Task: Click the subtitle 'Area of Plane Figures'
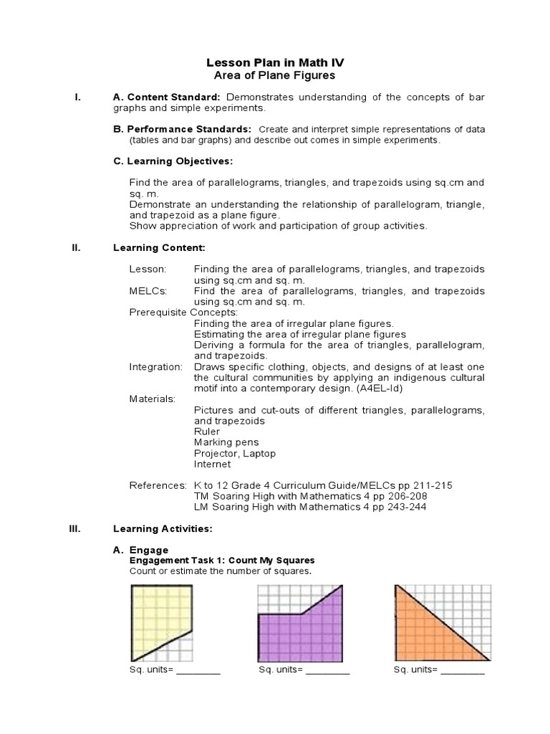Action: [x=276, y=75]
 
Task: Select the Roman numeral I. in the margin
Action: [x=78, y=97]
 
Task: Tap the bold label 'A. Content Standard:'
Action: [x=168, y=97]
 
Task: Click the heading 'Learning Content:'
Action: [x=159, y=247]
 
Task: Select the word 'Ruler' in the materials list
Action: [x=207, y=432]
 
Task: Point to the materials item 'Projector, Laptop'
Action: [x=234, y=453]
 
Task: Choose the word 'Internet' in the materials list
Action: [x=212, y=464]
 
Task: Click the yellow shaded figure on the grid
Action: [x=156, y=613]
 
